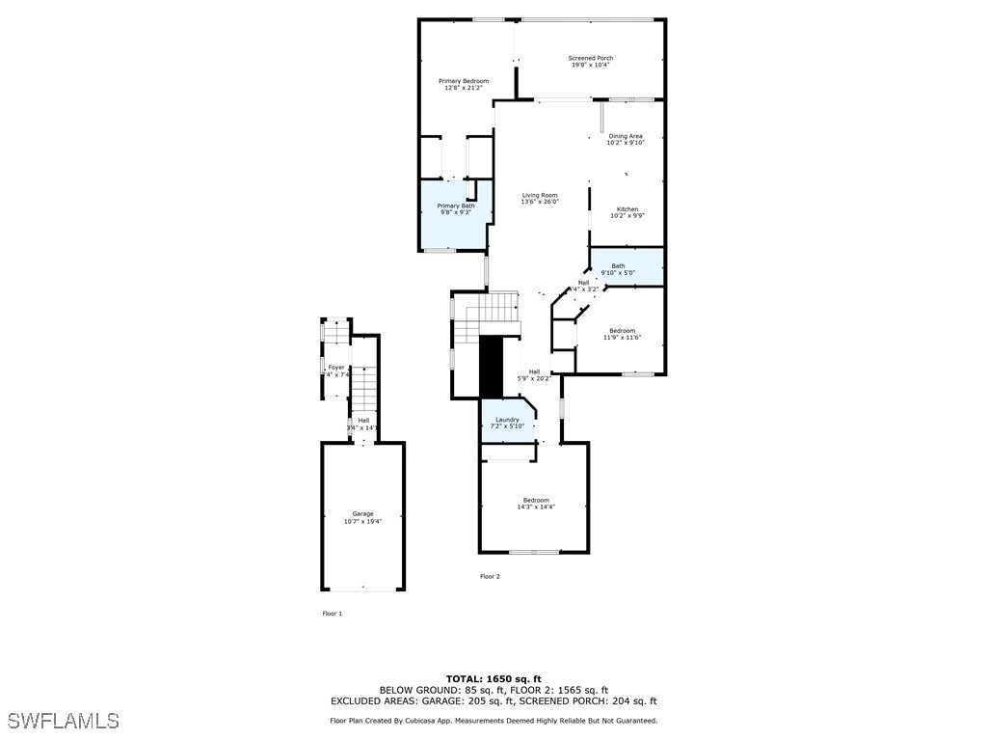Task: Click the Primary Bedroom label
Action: [x=464, y=81]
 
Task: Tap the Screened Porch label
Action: [x=591, y=58]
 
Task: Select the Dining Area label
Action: [x=626, y=136]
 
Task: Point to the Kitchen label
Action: [x=627, y=209]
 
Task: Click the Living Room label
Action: [x=540, y=195]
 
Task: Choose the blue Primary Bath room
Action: [x=456, y=217]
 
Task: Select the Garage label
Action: [x=362, y=514]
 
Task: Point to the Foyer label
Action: [x=336, y=368]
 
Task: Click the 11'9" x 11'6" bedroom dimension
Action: [x=622, y=338]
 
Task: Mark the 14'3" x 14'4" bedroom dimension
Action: [x=536, y=507]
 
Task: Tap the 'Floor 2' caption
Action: [x=491, y=576]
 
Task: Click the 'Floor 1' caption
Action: [x=332, y=614]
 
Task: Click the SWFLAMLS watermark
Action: [x=63, y=721]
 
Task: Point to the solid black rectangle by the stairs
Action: [x=492, y=366]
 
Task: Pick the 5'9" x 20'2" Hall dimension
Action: [x=534, y=378]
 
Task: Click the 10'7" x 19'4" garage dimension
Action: [x=362, y=521]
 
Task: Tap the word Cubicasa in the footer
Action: [x=427, y=721]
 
